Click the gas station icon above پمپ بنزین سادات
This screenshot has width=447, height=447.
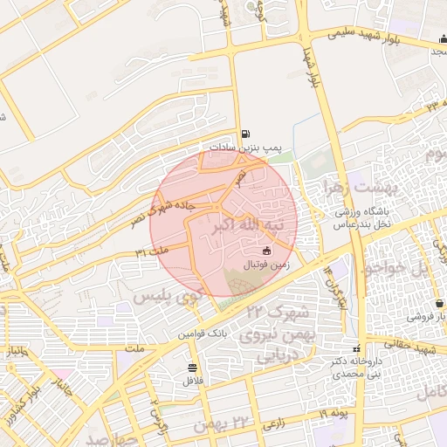pos(248,134)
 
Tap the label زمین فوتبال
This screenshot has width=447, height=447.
pos(263,263)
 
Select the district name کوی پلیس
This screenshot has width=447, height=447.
pos(167,298)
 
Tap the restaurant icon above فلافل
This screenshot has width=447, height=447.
pos(192,368)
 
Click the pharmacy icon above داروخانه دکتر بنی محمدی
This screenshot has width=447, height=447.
pos(354,348)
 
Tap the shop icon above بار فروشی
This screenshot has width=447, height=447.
pos(438,303)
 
